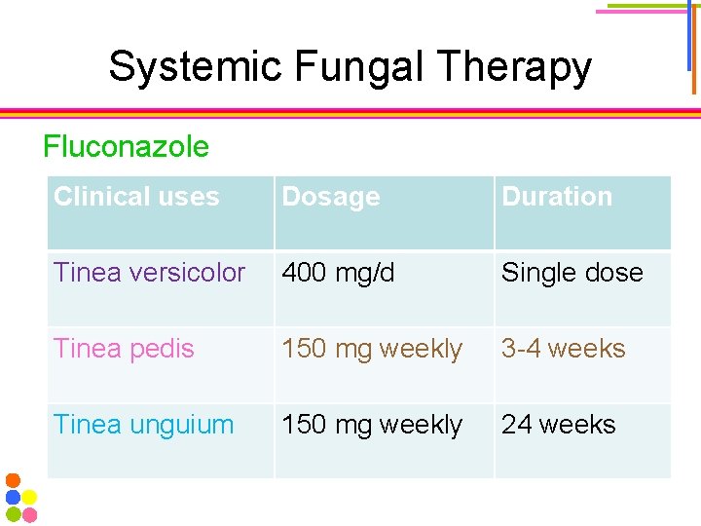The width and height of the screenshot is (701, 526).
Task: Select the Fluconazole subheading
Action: (126, 147)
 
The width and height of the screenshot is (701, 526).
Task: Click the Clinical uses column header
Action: (136, 197)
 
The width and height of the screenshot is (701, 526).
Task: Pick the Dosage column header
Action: (331, 197)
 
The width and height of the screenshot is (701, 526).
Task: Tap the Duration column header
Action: (557, 197)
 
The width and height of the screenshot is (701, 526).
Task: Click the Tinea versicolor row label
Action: (149, 273)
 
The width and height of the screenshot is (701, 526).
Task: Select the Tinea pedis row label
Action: (124, 349)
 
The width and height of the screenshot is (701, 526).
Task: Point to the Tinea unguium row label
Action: (143, 425)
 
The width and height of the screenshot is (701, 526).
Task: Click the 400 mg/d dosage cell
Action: (338, 273)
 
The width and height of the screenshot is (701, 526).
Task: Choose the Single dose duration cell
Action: (572, 273)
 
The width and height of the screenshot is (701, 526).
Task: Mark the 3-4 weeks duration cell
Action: (563, 349)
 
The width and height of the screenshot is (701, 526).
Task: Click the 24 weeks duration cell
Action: (558, 425)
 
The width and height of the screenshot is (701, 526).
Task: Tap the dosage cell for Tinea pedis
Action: (372, 349)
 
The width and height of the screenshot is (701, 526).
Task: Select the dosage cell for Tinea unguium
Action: (372, 425)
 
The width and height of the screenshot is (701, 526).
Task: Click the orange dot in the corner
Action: (13, 480)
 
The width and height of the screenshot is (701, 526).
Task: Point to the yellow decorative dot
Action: (29, 497)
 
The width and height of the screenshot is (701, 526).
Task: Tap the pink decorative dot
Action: (29, 514)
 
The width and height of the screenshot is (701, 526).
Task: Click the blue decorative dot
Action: (13, 497)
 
